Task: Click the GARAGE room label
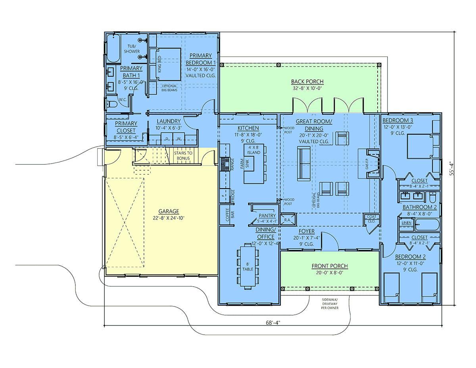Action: [169, 211]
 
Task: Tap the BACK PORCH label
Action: [307, 81]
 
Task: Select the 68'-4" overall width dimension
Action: [273, 323]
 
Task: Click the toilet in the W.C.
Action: [112, 104]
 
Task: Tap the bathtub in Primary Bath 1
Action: [113, 48]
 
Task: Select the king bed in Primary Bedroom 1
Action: [165, 64]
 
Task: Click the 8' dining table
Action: [248, 266]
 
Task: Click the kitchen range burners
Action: [225, 164]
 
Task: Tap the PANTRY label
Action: [267, 216]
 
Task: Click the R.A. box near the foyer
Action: [288, 220]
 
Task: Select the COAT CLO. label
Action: [372, 219]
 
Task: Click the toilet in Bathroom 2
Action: [433, 197]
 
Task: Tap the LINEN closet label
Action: [407, 223]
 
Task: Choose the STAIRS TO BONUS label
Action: [183, 156]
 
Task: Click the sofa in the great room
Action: [303, 164]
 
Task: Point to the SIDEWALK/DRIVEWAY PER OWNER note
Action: [330, 304]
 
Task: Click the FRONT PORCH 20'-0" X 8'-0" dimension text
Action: [330, 273]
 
